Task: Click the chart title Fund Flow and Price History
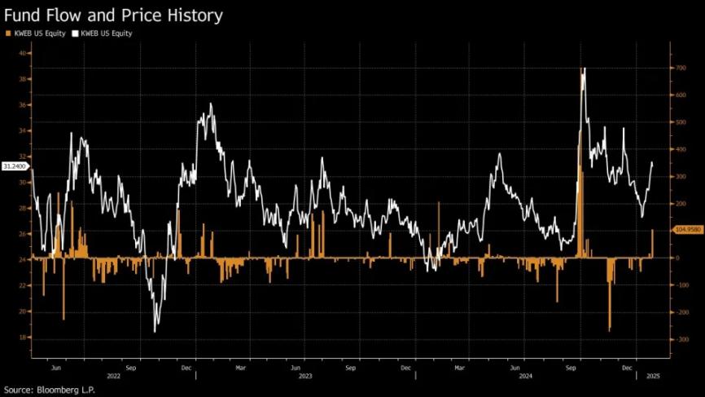[113, 15]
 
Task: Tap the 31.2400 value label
[15, 165]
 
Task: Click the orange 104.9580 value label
[688, 230]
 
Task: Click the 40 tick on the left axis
[25, 53]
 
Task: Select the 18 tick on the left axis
[25, 337]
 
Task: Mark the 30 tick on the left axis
[25, 182]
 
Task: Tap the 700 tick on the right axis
[678, 68]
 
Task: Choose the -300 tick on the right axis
[678, 339]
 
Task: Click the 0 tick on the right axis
[677, 258]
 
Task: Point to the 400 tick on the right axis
[678, 149]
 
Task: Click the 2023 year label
[305, 376]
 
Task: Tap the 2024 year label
[525, 376]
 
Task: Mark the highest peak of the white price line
[583, 69]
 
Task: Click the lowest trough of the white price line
[155, 331]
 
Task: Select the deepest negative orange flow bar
[609, 330]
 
